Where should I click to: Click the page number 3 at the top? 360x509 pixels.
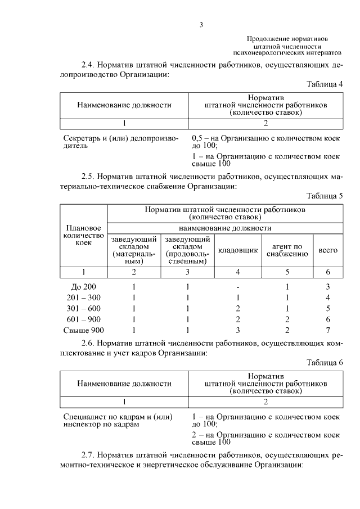tap(201, 24)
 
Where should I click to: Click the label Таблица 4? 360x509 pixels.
tap(325, 84)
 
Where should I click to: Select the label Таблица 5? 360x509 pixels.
tap(325, 196)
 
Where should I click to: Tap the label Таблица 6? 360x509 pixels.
tap(325, 362)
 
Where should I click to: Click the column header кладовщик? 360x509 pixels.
tap(238, 250)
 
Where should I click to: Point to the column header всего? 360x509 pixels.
tap(327, 250)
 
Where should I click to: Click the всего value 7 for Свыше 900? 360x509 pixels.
tap(327, 330)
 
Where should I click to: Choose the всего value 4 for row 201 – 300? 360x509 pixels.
tap(327, 297)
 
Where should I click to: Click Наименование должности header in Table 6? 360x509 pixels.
tap(124, 384)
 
